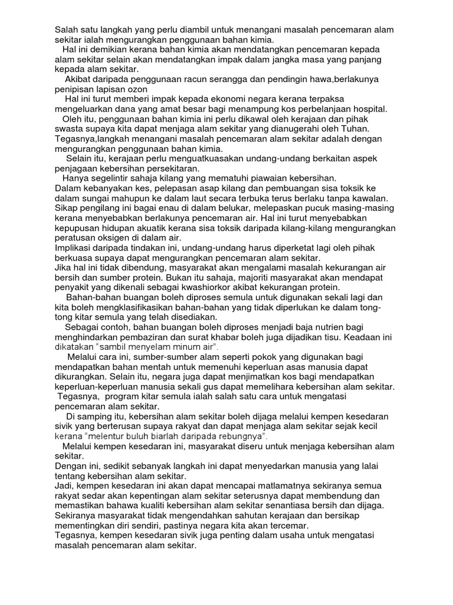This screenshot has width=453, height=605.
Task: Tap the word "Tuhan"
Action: pos(354,128)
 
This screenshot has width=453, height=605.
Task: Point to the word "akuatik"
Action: pos(151,228)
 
